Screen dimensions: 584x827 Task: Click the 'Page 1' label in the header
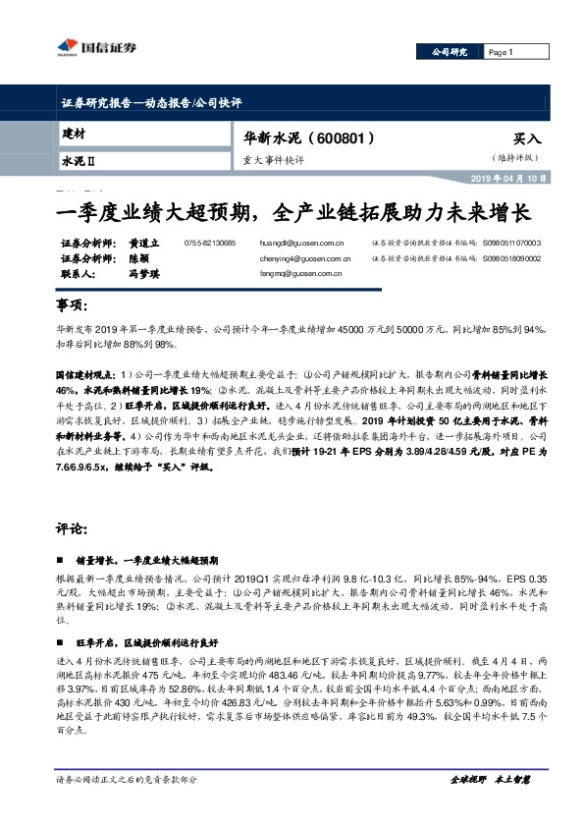click(501, 52)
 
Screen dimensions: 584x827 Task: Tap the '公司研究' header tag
click(451, 52)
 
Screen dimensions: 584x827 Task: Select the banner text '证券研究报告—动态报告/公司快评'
click(151, 102)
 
